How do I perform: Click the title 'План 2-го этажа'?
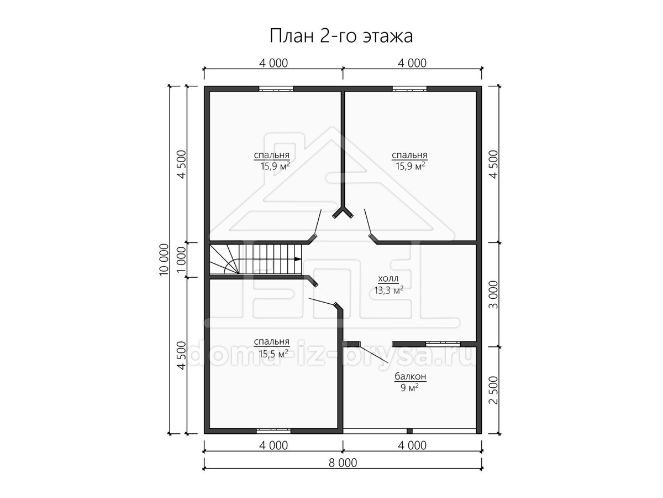(341, 37)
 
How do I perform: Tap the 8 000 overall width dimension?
(343, 463)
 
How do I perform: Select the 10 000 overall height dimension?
(164, 260)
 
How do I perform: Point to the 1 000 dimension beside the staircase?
(181, 260)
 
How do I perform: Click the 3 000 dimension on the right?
(493, 294)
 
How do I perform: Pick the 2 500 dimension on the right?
(493, 390)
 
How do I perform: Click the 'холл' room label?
(388, 278)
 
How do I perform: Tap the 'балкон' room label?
(411, 376)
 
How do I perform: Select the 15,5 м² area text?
(273, 354)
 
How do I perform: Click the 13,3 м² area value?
(389, 290)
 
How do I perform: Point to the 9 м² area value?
(409, 387)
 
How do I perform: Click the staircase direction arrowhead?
(298, 259)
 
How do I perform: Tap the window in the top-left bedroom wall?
(276, 89)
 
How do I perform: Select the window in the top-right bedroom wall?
(409, 89)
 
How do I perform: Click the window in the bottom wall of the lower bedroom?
(273, 431)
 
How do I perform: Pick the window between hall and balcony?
(443, 344)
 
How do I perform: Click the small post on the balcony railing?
(409, 431)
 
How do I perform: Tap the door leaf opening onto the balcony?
(374, 353)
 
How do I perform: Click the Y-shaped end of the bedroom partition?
(343, 211)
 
